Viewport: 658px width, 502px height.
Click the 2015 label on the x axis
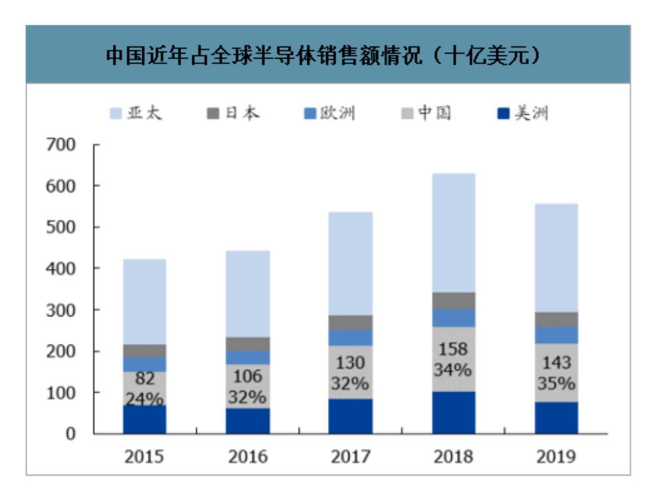[x=144, y=457]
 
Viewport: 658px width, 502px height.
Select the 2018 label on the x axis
[x=453, y=457]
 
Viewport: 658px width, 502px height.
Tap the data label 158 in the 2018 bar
[x=453, y=349]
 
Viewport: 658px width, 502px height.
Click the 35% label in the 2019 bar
[x=556, y=383]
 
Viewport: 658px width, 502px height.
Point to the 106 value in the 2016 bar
[x=248, y=376]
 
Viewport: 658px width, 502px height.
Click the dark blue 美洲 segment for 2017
[x=351, y=416]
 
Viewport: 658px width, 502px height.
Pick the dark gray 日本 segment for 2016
[x=248, y=344]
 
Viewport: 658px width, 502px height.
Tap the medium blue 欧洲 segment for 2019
[x=556, y=335]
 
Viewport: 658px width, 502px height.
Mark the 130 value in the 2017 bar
[x=351, y=362]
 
